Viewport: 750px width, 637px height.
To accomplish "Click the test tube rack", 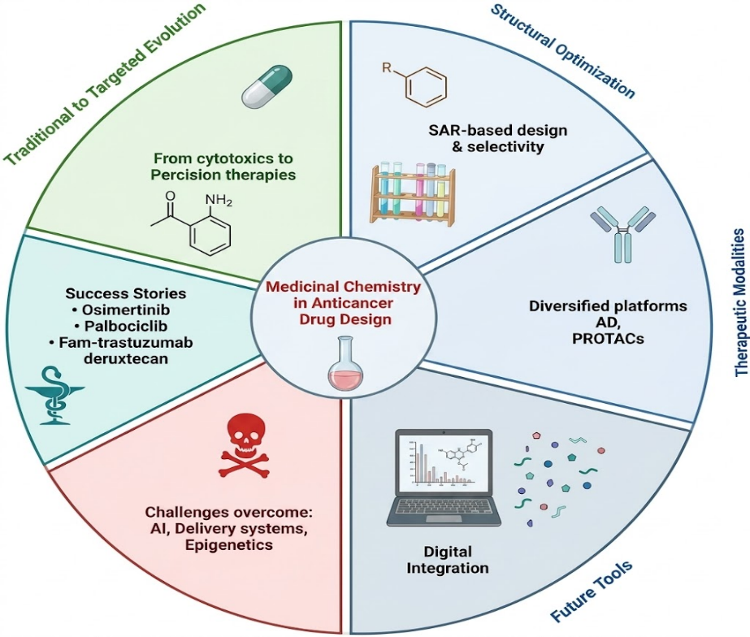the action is point(412,193).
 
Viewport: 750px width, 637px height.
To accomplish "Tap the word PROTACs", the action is point(608,339).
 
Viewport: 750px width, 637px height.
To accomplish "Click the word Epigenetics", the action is point(229,545).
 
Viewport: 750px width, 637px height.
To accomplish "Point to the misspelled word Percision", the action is point(182,175).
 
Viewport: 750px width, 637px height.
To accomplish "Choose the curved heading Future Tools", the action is point(592,592).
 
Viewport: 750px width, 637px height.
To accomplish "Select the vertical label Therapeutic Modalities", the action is point(741,303).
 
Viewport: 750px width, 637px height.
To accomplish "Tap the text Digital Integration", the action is point(447,560).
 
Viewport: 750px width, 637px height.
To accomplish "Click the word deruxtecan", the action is point(126,358).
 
